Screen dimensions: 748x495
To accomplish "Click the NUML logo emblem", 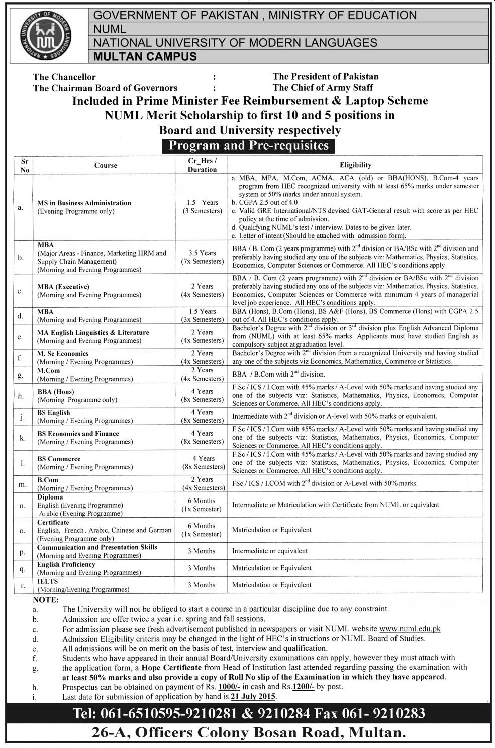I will [46, 35].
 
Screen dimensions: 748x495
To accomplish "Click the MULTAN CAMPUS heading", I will [145, 56].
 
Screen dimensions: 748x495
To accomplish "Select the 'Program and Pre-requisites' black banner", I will [248, 146].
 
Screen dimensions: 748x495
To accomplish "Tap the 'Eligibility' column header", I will [355, 165].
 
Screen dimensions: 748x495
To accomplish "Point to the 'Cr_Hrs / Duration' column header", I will [202, 165].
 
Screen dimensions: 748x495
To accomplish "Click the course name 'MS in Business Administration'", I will [84, 203].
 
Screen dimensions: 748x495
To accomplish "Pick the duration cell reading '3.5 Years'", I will [203, 253].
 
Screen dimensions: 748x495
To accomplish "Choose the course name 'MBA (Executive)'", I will [63, 287].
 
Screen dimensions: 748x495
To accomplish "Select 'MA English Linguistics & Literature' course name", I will [93, 332].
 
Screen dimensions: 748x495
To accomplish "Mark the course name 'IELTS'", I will [48, 581].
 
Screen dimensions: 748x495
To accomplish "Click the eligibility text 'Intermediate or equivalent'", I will [270, 551].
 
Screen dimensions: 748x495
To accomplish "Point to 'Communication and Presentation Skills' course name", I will [97, 547].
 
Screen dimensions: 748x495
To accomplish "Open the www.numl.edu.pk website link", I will [410, 629].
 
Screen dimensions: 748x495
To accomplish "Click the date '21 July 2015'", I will [253, 697].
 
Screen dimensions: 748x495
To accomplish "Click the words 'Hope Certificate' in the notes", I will [171, 668].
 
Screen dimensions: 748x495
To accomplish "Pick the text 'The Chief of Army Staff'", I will [323, 88].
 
